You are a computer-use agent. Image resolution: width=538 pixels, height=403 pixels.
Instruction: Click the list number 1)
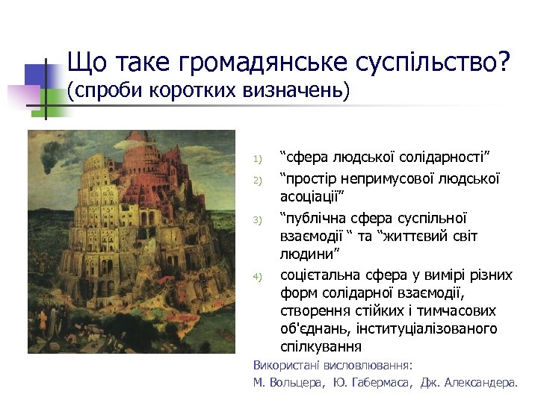256,159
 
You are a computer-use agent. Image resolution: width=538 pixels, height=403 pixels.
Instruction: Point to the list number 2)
256,181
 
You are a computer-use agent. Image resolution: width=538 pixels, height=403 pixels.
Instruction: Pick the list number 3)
256,220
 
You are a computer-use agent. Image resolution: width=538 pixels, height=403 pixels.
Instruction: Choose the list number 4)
256,278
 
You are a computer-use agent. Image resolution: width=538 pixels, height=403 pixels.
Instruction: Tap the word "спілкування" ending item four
321,347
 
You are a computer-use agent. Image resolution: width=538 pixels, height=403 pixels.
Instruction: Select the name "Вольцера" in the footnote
298,382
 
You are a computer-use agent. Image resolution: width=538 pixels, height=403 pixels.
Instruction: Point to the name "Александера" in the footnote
479,382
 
